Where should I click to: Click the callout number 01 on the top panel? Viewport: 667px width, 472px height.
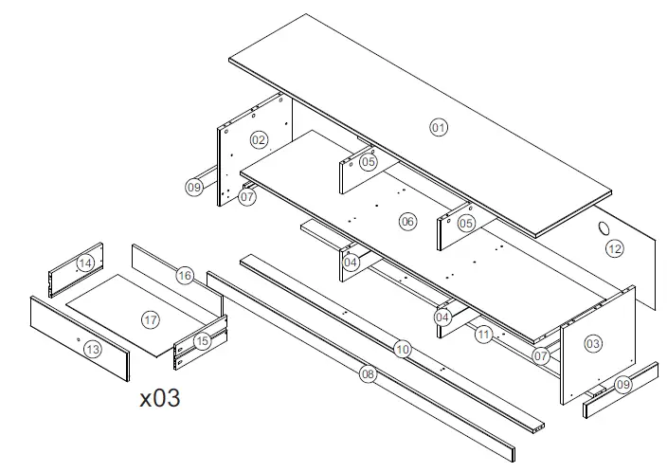tap(438, 127)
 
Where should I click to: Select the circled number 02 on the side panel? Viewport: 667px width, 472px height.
tap(258, 140)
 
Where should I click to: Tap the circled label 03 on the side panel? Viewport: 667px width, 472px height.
tap(593, 343)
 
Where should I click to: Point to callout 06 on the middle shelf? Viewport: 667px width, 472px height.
tap(407, 222)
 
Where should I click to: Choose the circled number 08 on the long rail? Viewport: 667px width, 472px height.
tap(369, 374)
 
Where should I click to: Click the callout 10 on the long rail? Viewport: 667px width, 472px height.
tap(403, 350)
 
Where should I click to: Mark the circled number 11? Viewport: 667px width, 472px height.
tap(484, 335)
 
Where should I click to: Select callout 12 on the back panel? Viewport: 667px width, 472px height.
tap(615, 249)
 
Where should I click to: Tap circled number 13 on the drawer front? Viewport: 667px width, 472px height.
tap(92, 350)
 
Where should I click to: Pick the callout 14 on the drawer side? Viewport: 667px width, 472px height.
tap(85, 263)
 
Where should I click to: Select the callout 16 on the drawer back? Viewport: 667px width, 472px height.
tap(185, 275)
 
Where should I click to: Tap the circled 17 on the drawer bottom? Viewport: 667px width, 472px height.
tap(150, 319)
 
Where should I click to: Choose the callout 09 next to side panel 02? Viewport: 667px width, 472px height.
tap(193, 188)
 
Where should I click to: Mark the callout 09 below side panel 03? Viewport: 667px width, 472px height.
tap(622, 386)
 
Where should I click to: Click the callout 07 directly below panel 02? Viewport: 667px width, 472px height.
tap(247, 198)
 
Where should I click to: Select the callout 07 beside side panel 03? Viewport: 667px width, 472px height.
tap(540, 357)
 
